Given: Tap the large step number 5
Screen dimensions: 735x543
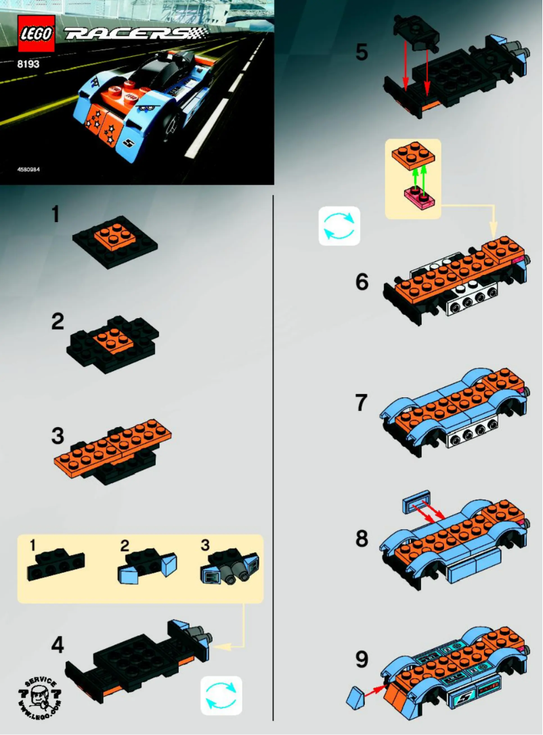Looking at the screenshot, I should pos(362,52).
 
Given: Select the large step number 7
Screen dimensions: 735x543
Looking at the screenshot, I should pos(362,403).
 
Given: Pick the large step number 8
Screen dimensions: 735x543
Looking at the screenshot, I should pos(362,539).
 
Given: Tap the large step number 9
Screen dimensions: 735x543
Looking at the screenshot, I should pos(362,659).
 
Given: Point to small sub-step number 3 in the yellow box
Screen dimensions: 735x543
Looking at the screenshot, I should pos(205,544).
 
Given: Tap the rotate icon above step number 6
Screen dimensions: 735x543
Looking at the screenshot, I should pos(340,225).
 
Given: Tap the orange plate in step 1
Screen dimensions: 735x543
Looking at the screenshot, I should pos(114,238).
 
